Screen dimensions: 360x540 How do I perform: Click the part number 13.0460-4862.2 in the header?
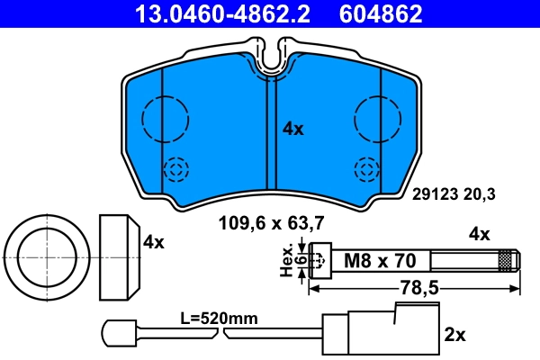click(225, 13)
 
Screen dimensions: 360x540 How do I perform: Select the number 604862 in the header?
click(381, 13)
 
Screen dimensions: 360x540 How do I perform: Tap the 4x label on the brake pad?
click(292, 129)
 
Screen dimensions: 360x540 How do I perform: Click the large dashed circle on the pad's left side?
click(166, 116)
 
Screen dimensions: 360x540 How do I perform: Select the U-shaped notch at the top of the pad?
click(272, 56)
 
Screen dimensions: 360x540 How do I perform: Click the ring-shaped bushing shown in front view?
click(45, 257)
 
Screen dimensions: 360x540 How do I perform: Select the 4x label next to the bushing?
click(154, 241)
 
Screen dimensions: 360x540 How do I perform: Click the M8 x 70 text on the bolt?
click(380, 261)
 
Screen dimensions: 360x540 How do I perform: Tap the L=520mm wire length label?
click(220, 319)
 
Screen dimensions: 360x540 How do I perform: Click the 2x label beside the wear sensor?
click(454, 335)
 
